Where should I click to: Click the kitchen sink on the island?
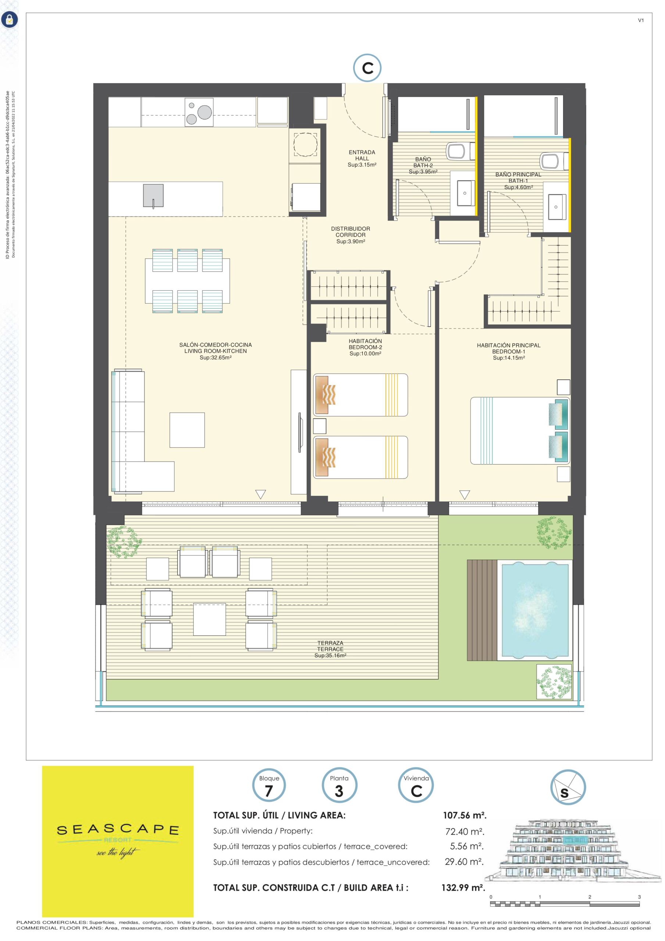(x=153, y=196)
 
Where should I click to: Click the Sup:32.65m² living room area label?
(x=216, y=357)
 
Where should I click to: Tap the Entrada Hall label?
(x=362, y=155)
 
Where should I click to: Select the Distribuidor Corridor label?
(x=351, y=232)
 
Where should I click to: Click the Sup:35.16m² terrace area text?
(x=330, y=655)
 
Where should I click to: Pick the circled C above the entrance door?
(x=368, y=68)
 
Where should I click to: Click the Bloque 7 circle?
(x=269, y=786)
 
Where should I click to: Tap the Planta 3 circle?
(x=339, y=786)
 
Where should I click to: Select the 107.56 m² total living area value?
(x=465, y=815)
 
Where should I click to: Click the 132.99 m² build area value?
(x=463, y=888)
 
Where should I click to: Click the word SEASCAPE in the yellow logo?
(x=118, y=830)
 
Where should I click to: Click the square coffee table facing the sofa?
(x=187, y=430)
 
